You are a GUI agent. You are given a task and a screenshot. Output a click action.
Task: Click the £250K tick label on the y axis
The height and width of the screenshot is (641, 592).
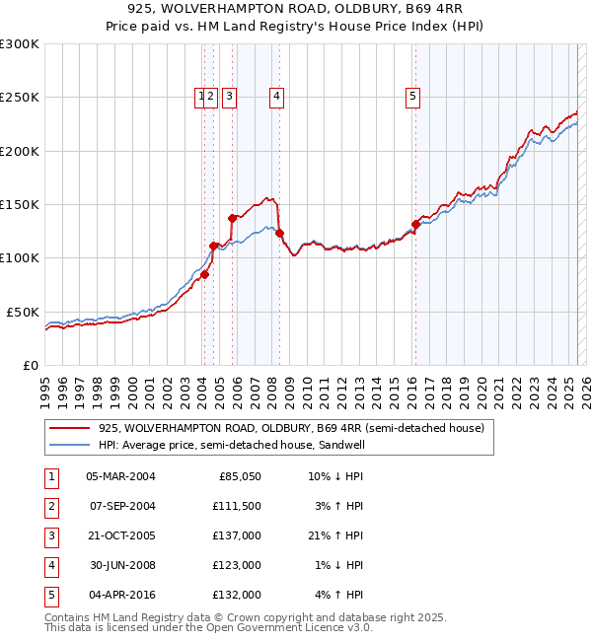click(20, 98)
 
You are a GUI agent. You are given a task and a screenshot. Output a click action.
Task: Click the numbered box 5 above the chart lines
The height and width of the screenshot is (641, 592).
click(411, 97)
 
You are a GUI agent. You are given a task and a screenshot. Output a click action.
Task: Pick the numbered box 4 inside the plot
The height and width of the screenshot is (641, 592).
click(276, 97)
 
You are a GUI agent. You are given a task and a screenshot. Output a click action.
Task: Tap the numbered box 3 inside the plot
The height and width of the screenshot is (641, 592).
click(228, 97)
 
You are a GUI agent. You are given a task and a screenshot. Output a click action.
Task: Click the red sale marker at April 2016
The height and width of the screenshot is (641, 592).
click(415, 224)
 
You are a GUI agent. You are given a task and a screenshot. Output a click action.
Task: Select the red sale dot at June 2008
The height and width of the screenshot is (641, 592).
click(280, 234)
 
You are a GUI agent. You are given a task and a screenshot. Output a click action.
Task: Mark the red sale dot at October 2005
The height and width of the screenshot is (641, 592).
click(233, 218)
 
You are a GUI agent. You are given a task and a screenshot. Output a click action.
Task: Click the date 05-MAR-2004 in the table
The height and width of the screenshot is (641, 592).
click(120, 476)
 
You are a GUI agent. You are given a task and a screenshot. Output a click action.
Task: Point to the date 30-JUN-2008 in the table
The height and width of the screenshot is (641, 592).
click(120, 565)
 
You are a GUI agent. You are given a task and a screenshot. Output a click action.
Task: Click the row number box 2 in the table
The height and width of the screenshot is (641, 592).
click(49, 506)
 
